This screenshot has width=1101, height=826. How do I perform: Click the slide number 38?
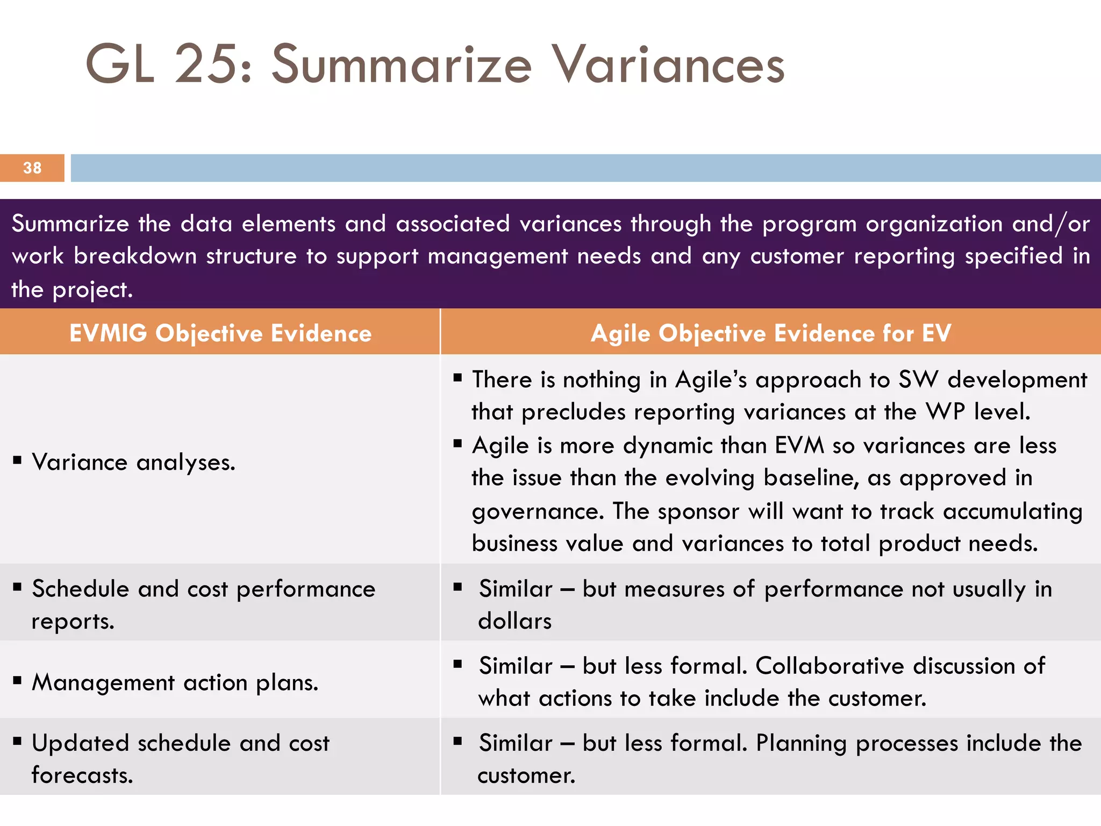[x=32, y=168]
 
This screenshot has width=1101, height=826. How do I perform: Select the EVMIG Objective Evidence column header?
[x=220, y=333]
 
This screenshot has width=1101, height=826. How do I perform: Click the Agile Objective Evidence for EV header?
[x=771, y=333]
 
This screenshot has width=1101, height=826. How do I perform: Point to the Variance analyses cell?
[x=133, y=462]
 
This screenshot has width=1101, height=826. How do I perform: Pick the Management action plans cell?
[x=175, y=682]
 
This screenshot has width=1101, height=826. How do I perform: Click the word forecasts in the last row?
[x=82, y=775]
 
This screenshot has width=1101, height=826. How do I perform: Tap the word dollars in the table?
[x=515, y=621]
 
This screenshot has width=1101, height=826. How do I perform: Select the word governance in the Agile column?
[x=538, y=511]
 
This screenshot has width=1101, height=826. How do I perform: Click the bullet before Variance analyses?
[x=18, y=460]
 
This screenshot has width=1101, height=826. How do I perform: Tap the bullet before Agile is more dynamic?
[x=457, y=444]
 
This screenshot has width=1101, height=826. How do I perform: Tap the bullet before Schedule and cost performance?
[x=18, y=587]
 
